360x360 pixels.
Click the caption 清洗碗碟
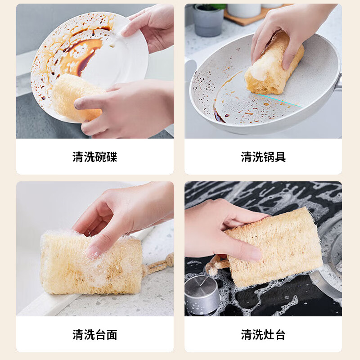click(95, 157)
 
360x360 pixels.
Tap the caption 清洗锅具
click(263, 157)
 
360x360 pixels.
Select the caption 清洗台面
click(95, 335)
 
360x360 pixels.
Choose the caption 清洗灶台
click(263, 335)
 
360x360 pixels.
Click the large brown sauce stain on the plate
click(85, 52)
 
